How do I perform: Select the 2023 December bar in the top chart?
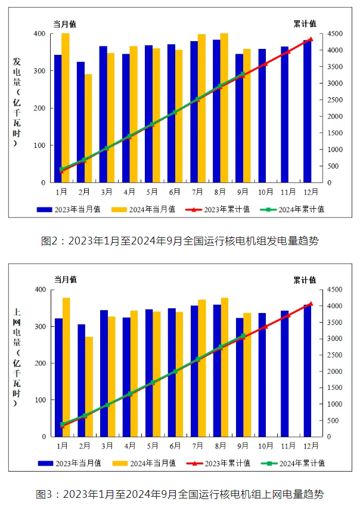click(x=307, y=113)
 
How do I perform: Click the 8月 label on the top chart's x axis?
click(x=221, y=192)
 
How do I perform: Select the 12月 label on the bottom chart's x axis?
click(x=311, y=446)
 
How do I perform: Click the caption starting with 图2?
click(x=179, y=241)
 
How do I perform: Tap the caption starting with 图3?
click(x=179, y=494)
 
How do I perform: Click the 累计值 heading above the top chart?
click(x=305, y=24)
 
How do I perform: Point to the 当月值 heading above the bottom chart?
click(x=66, y=279)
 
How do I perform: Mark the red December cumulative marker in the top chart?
click(x=311, y=39)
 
